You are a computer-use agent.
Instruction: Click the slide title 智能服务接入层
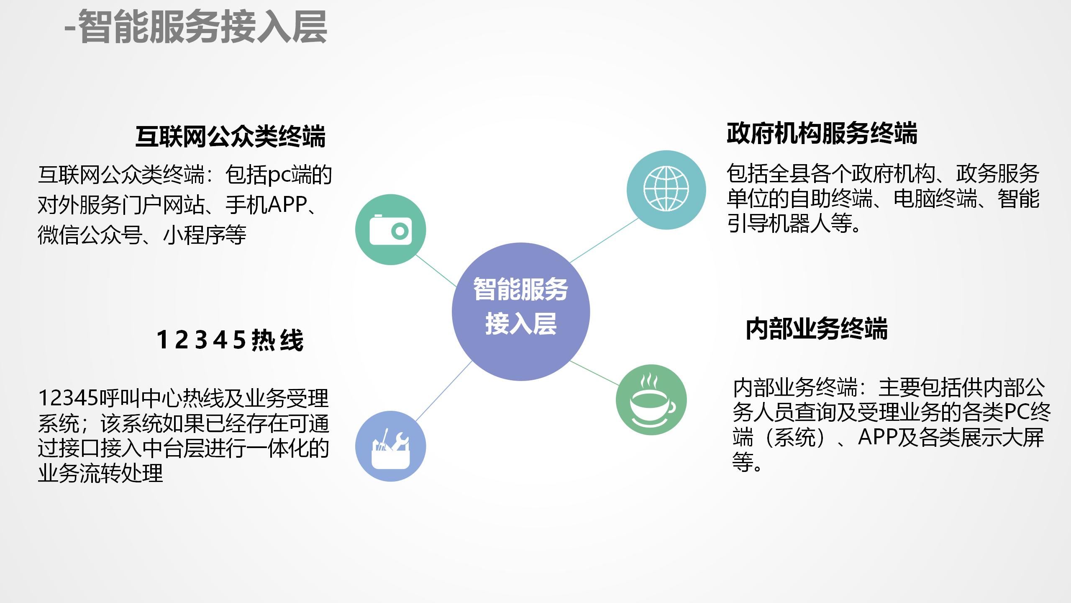[x=197, y=27]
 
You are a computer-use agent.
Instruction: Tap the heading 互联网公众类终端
[x=230, y=137]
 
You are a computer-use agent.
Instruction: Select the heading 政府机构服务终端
[x=822, y=134]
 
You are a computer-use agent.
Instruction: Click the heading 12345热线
[x=230, y=340]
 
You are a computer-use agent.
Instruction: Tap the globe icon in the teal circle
[x=666, y=189]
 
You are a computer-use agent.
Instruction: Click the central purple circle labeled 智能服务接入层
[x=520, y=312]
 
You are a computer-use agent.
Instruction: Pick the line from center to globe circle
[x=605, y=240]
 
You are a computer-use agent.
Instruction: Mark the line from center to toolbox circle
[x=443, y=391]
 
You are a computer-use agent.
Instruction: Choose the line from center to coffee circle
[x=594, y=373]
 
